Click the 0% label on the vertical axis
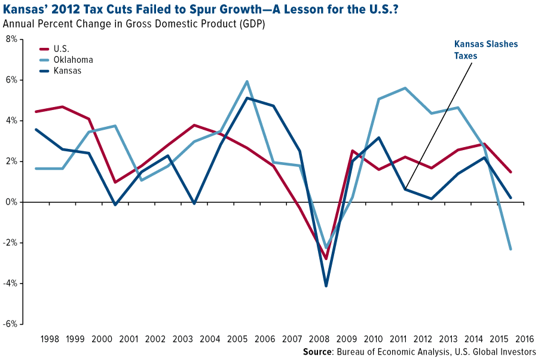(x=12, y=202)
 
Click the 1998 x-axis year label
(x=50, y=339)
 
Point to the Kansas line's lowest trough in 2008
(x=326, y=286)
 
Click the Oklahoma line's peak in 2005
(x=247, y=81)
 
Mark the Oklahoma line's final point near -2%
(x=511, y=249)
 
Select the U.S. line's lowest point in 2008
(x=326, y=259)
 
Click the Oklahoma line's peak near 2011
(x=405, y=88)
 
